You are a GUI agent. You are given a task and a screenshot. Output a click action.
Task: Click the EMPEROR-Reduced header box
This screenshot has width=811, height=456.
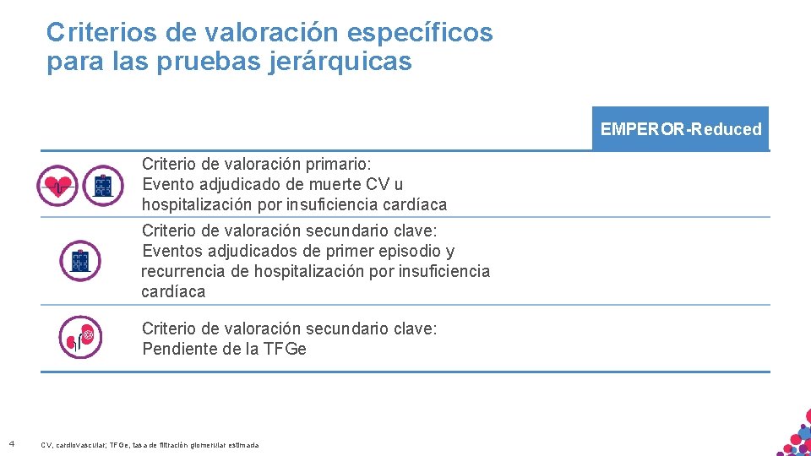click(x=681, y=129)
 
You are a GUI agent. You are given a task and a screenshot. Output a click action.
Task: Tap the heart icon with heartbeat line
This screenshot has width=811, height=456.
click(x=57, y=185)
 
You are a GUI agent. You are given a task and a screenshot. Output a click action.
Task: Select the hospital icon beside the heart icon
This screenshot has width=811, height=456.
click(x=103, y=185)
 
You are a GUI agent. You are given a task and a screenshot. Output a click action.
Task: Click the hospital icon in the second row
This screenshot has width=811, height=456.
click(x=80, y=260)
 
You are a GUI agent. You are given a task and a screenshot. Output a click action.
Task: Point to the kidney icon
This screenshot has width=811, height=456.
click(x=80, y=337)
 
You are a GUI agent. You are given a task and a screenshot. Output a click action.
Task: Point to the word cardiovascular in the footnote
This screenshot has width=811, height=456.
click(x=77, y=445)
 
